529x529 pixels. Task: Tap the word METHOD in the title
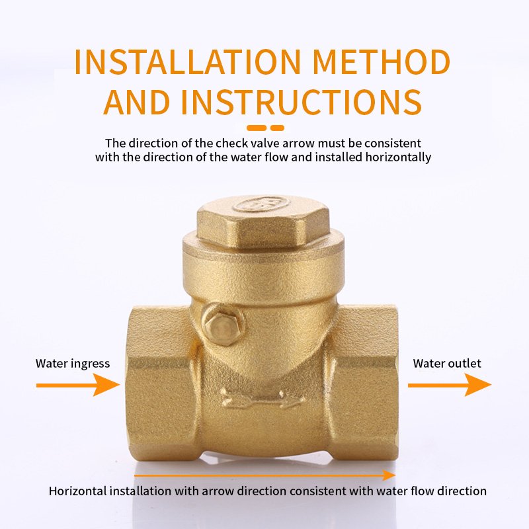(382, 61)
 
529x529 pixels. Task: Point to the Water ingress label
(73, 363)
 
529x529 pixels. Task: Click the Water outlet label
(447, 363)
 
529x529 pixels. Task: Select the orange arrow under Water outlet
(449, 385)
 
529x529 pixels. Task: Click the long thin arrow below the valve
(264, 475)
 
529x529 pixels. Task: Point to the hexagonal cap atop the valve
(263, 222)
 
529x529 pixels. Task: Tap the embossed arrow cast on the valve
(262, 399)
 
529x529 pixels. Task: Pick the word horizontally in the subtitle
(401, 157)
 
